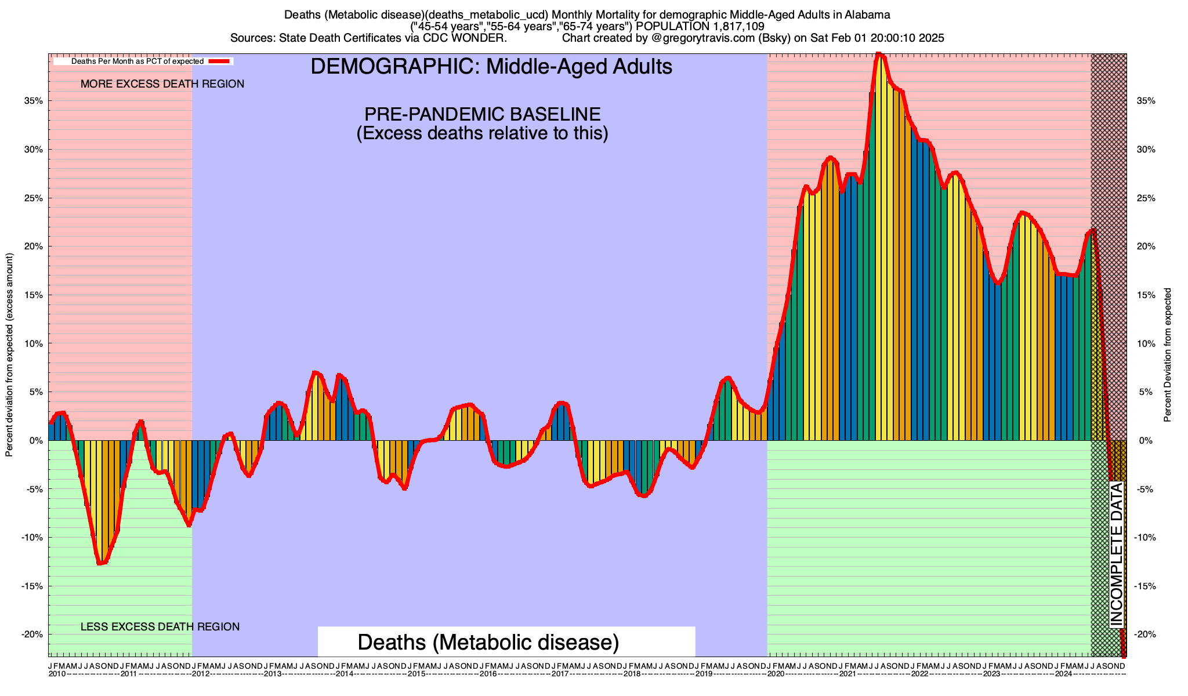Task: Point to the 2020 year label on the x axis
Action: pos(776,674)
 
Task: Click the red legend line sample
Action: pos(220,61)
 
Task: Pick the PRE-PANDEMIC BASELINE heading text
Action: pos(482,114)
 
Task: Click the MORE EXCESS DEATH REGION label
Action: pos(162,84)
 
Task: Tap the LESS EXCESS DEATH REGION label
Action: pos(160,627)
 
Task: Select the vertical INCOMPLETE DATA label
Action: pos(1116,555)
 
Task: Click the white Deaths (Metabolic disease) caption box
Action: pos(506,642)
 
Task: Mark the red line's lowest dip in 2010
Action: pos(100,563)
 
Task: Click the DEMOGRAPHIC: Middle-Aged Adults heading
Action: pos(491,67)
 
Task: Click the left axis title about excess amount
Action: pos(9,355)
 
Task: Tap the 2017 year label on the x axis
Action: pos(560,674)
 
